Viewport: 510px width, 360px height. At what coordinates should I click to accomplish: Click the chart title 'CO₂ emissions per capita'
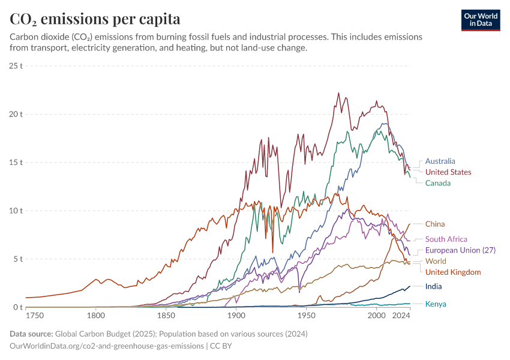[95, 19]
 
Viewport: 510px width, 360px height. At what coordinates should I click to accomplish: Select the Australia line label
[440, 161]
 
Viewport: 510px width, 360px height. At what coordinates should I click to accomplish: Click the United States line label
[448, 172]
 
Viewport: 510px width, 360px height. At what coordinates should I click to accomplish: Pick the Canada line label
[438, 183]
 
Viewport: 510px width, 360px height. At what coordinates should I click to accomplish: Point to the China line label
[435, 224]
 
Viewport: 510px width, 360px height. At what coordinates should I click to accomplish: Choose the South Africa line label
[446, 239]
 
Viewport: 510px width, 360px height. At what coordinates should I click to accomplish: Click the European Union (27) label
[460, 250]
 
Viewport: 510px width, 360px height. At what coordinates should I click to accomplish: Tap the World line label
[436, 261]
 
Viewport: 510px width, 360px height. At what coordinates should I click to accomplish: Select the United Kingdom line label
[453, 272]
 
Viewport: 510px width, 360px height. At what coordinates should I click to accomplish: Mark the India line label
[433, 287]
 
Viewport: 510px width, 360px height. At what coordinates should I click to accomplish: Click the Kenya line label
[435, 304]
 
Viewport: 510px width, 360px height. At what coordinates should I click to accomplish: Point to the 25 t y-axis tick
[16, 65]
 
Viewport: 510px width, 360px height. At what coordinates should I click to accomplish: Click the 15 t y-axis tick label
[16, 163]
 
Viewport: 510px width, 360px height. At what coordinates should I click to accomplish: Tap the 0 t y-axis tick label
[18, 308]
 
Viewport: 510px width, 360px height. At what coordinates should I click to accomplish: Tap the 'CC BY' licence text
[221, 346]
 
